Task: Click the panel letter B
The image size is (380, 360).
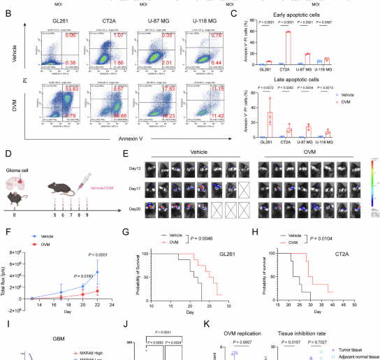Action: [x=8, y=12]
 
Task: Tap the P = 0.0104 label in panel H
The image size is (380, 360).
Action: [x=305, y=238]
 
